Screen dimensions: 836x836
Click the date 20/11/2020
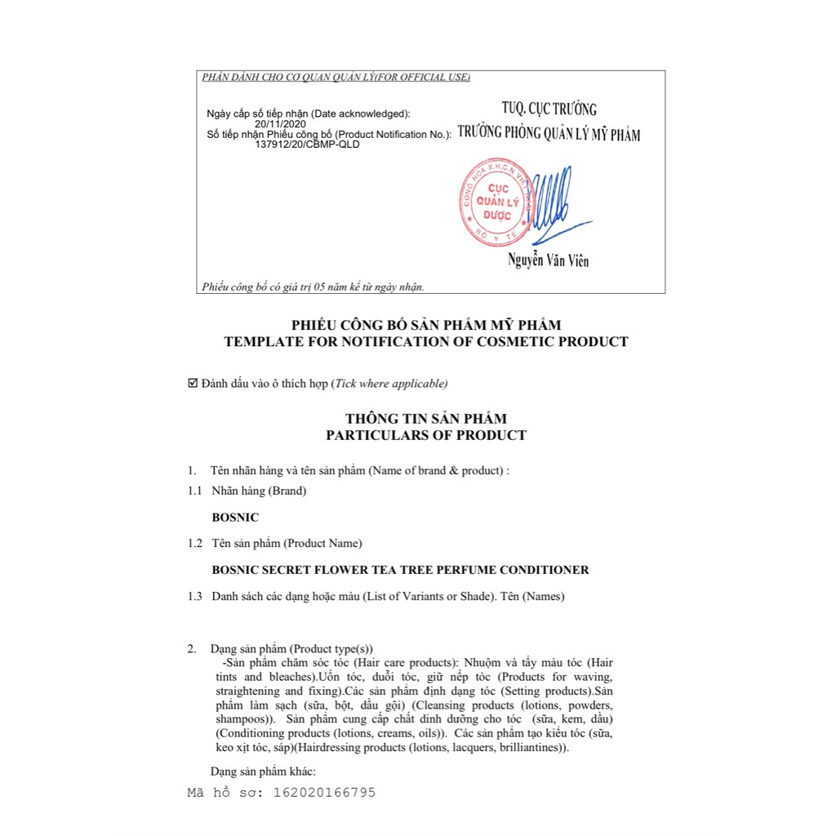280,124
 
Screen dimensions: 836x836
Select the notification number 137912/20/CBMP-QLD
307,145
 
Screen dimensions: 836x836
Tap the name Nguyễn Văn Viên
548,261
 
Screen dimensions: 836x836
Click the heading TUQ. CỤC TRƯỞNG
549,109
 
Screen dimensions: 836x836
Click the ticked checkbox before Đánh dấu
193,383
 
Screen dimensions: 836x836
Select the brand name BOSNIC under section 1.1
235,517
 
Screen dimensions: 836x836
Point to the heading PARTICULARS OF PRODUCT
426,435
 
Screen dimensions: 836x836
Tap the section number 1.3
194,596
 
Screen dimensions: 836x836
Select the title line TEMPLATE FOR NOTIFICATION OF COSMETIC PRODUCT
426,342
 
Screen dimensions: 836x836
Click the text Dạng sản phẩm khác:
263,771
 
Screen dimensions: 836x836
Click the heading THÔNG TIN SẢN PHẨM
426,418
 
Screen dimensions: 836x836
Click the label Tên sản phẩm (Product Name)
287,543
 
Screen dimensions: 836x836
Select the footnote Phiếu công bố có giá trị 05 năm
313,287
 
